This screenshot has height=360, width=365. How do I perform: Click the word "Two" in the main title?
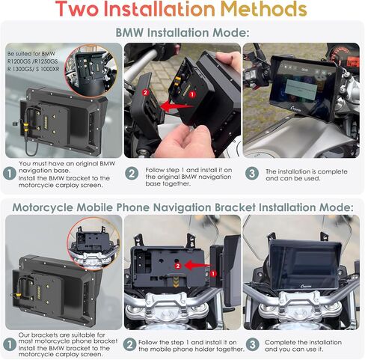tap(77, 9)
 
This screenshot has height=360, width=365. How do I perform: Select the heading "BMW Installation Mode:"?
tap(182, 33)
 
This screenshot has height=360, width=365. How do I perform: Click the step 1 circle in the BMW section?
tap(10, 173)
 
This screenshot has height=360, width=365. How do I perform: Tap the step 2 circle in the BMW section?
tap(132, 173)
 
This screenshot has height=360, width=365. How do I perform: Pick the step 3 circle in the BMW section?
tap(252, 173)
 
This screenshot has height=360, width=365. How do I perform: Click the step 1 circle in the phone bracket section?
tap(10, 344)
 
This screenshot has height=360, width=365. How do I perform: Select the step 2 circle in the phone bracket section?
tap(130, 344)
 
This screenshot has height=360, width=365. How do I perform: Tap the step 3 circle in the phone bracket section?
tap(253, 344)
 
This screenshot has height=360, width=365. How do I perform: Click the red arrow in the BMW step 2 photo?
tap(177, 106)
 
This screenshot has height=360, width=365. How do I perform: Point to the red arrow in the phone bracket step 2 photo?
tap(197, 265)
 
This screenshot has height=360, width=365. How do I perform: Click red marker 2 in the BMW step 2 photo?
tap(145, 93)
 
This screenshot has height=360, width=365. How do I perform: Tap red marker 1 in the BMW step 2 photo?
tap(192, 94)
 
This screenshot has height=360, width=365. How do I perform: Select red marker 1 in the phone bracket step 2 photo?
tap(213, 274)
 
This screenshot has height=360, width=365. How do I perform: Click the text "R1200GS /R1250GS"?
tap(32, 61)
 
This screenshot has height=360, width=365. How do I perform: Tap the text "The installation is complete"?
tap(307, 171)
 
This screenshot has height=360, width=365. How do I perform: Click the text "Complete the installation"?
tap(303, 342)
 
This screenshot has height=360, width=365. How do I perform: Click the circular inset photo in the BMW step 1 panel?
tap(91, 71)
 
